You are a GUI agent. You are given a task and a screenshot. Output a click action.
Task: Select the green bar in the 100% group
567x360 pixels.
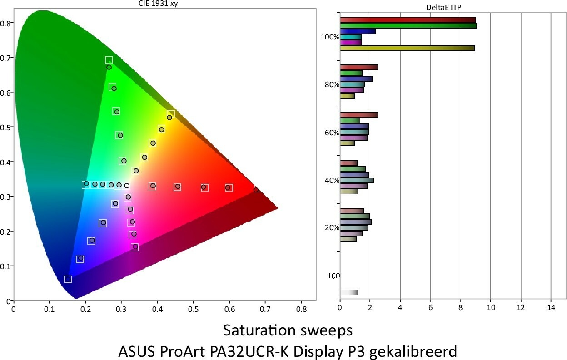click(x=408, y=26)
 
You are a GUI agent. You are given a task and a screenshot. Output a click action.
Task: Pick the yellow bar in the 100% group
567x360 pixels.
click(x=407, y=48)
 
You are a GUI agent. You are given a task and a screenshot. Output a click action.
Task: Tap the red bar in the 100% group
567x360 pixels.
click(x=408, y=20)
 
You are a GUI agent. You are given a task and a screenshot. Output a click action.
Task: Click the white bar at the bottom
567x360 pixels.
click(x=349, y=292)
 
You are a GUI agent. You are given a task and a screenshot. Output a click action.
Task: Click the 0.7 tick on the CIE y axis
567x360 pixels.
click(x=7, y=58)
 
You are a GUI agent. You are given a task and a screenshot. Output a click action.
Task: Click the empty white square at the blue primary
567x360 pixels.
click(x=68, y=279)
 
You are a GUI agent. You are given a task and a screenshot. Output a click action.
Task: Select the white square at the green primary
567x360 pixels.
click(x=109, y=60)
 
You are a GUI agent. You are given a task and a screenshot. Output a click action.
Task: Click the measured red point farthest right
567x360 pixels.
click(x=256, y=190)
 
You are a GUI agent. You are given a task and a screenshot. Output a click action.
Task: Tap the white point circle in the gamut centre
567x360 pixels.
click(x=127, y=185)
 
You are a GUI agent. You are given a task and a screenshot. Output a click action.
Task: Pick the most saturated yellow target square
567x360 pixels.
click(x=171, y=113)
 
